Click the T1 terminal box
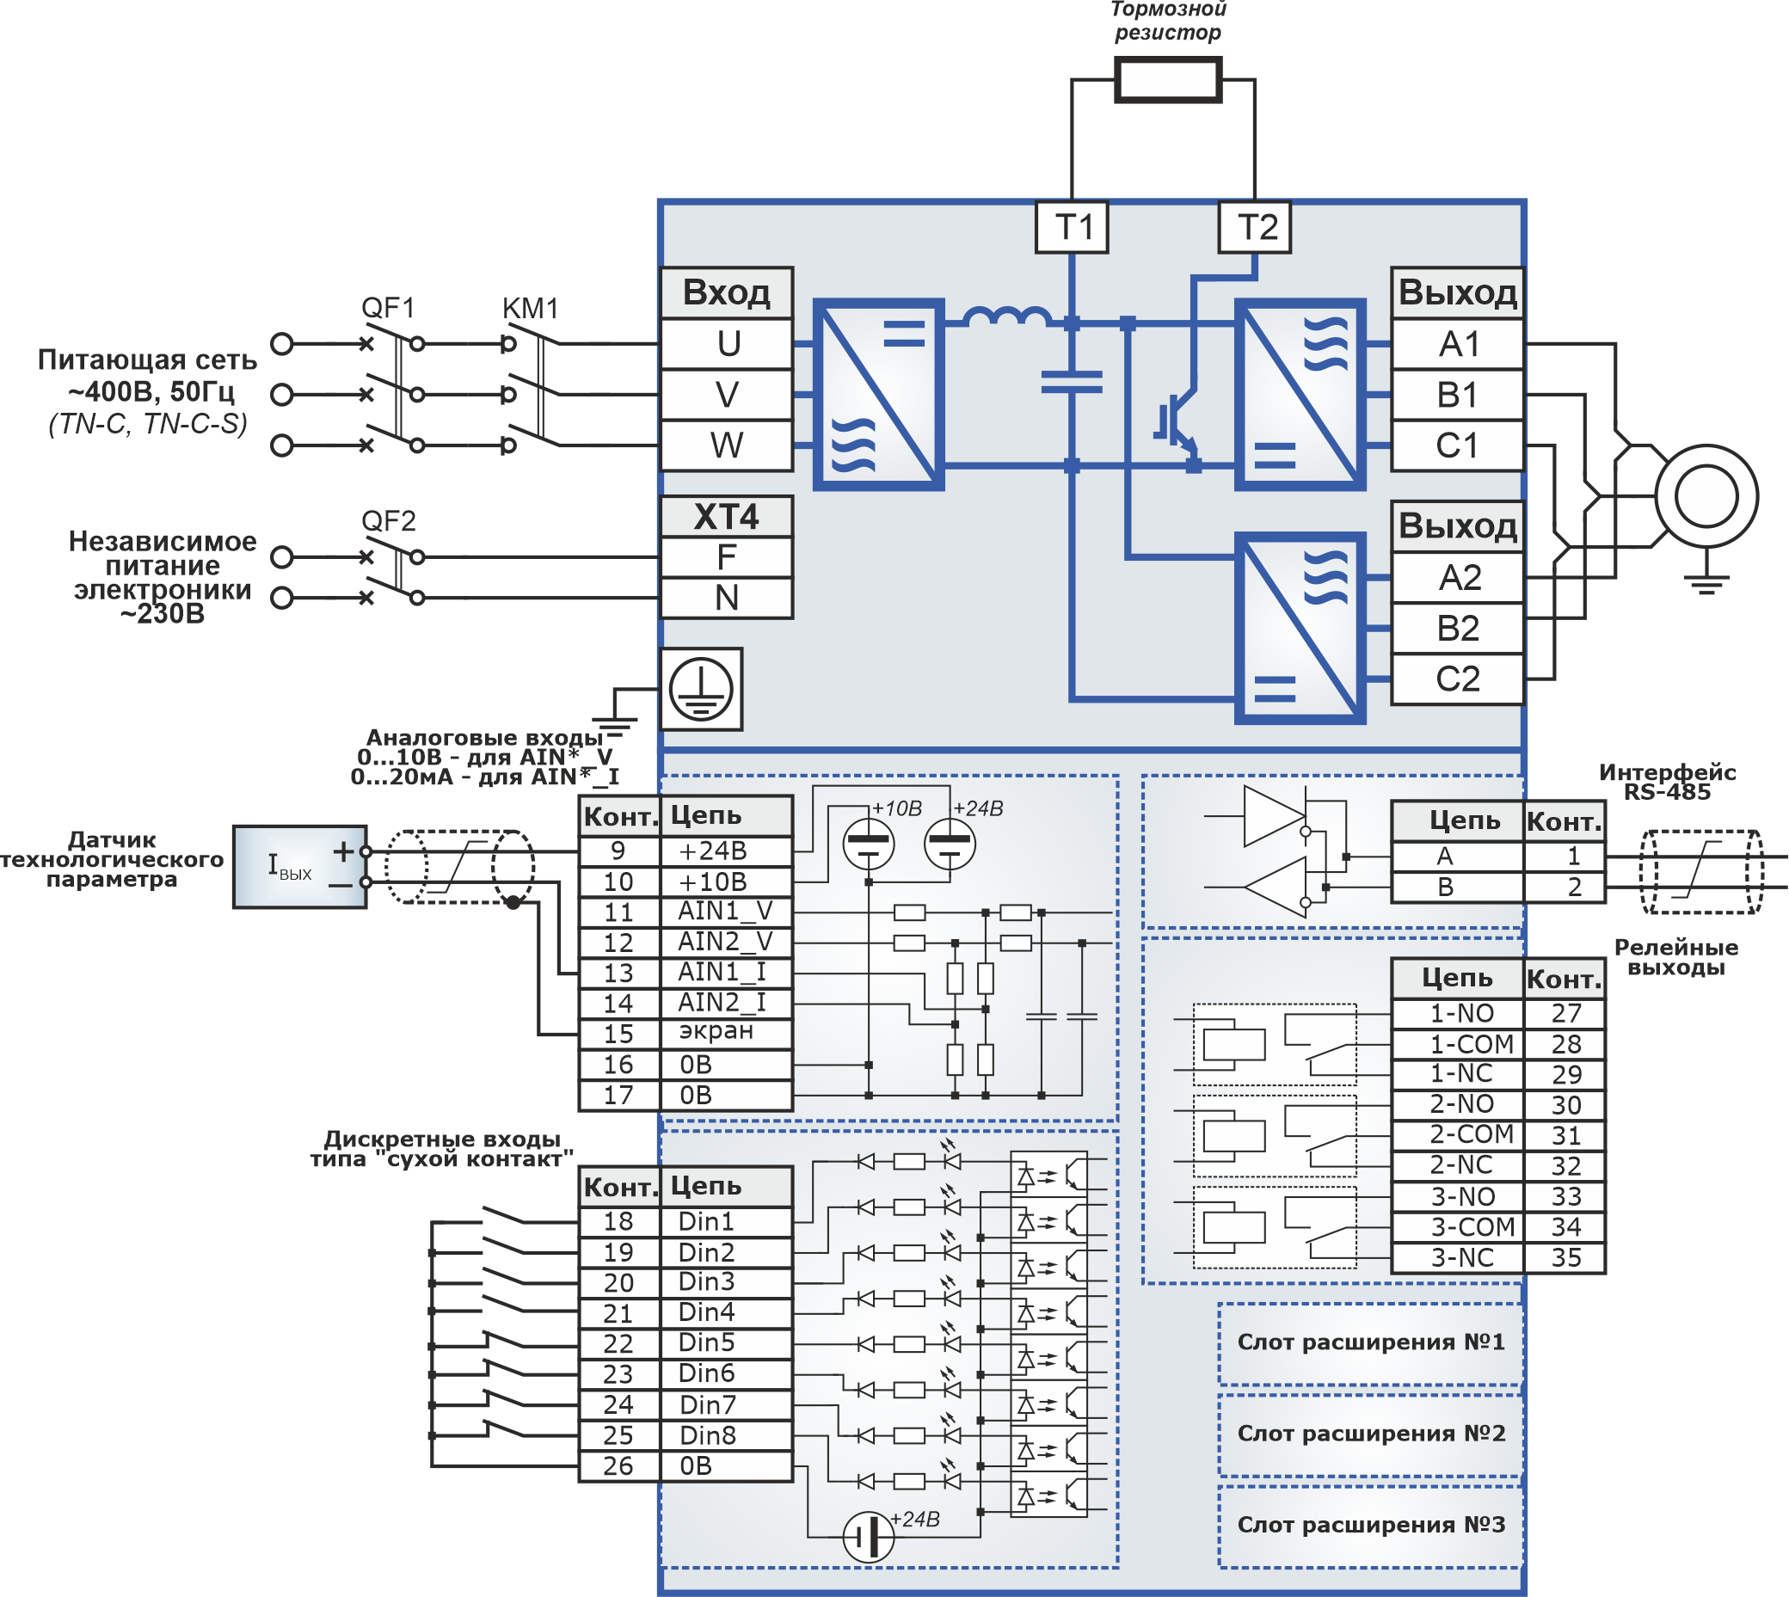click(x=1072, y=227)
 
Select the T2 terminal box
click(x=1255, y=227)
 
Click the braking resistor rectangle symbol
click(x=1168, y=81)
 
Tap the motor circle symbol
click(x=1706, y=497)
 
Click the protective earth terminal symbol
click(x=701, y=690)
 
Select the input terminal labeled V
click(x=727, y=395)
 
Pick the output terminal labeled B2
click(x=1457, y=629)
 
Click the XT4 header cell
click(x=727, y=517)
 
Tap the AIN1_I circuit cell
click(x=726, y=973)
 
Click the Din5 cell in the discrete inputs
click(x=726, y=1343)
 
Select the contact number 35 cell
click(x=1565, y=1257)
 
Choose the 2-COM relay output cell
click(x=1457, y=1134)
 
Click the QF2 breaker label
click(x=388, y=521)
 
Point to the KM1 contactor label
click(x=530, y=309)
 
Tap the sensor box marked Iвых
click(x=299, y=867)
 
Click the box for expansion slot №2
click(x=1370, y=1433)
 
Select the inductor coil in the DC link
click(x=1005, y=316)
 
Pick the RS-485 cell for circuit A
click(x=1457, y=857)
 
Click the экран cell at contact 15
click(x=726, y=1033)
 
